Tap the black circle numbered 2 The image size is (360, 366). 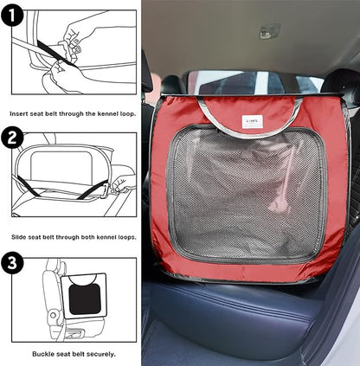click(x=12, y=138)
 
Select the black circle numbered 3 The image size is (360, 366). click(x=12, y=262)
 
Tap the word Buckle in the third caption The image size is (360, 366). click(x=42, y=354)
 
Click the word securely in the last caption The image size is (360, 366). click(x=102, y=354)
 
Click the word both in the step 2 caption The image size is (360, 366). click(x=87, y=237)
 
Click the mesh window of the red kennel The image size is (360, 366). click(x=247, y=193)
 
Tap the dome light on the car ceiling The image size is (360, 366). click(x=269, y=30)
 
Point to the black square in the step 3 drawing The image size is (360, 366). click(x=85, y=299)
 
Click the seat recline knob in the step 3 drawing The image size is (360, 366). click(x=53, y=315)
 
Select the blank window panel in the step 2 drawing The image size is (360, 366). click(x=61, y=164)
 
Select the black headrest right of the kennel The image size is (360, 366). click(x=341, y=87)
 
